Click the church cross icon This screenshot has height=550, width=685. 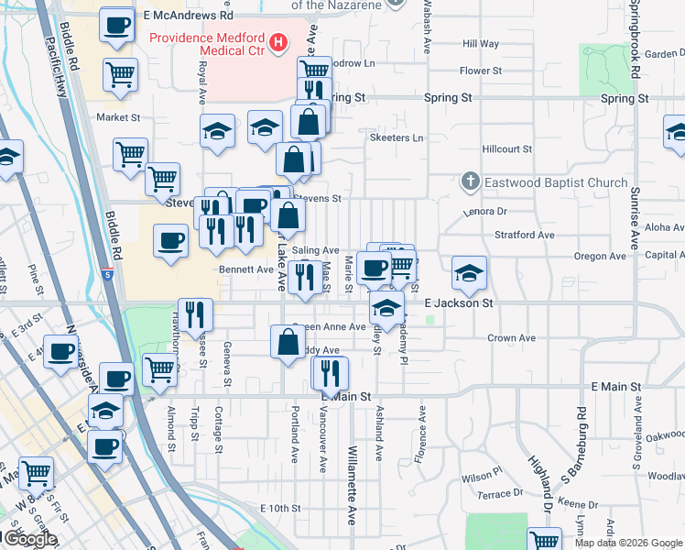pyautogui.click(x=470, y=182)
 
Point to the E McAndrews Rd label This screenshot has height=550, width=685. pyautogui.click(x=189, y=16)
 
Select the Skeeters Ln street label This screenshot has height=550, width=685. pyautogui.click(x=397, y=138)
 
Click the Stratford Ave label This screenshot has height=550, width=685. pyautogui.click(x=525, y=235)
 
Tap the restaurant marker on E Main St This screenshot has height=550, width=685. pyautogui.click(x=330, y=372)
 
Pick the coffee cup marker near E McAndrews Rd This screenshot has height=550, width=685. pyautogui.click(x=115, y=25)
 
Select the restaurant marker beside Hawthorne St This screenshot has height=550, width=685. pyautogui.click(x=196, y=314)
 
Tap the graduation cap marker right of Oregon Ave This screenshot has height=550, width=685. pyautogui.click(x=469, y=271)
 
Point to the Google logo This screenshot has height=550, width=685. pyautogui.click(x=29, y=539)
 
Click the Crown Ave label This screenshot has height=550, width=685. pyautogui.click(x=511, y=338)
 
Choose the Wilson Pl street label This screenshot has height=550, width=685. pyautogui.click(x=482, y=477)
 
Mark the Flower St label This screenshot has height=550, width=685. pyautogui.click(x=481, y=71)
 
